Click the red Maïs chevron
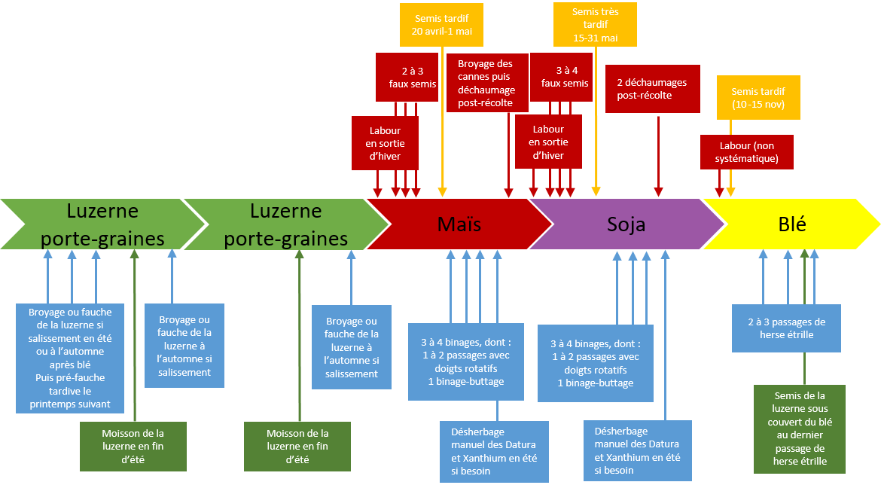[x=459, y=224]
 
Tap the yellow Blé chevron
[x=791, y=224]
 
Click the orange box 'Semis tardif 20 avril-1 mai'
[x=442, y=25]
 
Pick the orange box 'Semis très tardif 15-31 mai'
[x=595, y=25]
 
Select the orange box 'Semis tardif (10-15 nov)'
[x=758, y=97]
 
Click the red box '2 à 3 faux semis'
[x=407, y=77]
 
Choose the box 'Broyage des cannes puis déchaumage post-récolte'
[x=485, y=84]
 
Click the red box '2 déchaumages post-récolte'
[x=652, y=89]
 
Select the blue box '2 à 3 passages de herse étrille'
[x=786, y=328]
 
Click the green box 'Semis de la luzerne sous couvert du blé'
[x=799, y=428]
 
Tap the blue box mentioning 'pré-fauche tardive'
[x=71, y=358]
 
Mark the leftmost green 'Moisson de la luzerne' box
[x=133, y=446]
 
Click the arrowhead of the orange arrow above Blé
[x=730, y=194]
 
